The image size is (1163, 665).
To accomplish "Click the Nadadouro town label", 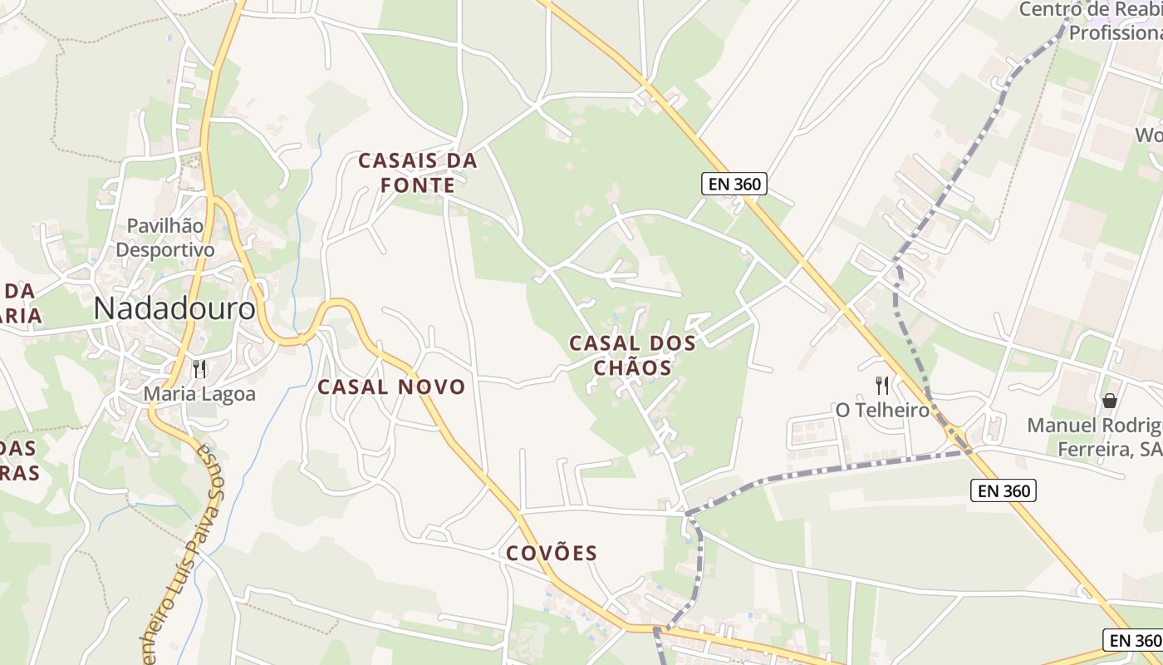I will [x=174, y=308].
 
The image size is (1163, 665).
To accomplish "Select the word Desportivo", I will [x=164, y=249].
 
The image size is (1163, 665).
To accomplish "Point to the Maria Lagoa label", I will [x=200, y=393].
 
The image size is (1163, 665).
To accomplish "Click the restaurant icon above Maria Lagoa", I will [x=199, y=368].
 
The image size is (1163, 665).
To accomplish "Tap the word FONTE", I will [x=418, y=185].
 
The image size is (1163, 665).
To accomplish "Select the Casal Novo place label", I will [x=391, y=387].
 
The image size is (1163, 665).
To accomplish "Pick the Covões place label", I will [x=552, y=553].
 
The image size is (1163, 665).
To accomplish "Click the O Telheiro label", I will [x=882, y=410].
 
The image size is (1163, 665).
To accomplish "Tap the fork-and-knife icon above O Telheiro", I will [x=882, y=385].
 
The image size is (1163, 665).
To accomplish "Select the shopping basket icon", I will [x=1109, y=401].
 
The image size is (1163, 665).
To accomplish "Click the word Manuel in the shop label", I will [x=1061, y=426].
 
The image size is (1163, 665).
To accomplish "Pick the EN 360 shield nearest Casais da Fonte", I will [x=733, y=184].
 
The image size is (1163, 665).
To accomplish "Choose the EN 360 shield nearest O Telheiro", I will [x=1004, y=490].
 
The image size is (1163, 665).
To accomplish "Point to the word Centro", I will [x=1049, y=9].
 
